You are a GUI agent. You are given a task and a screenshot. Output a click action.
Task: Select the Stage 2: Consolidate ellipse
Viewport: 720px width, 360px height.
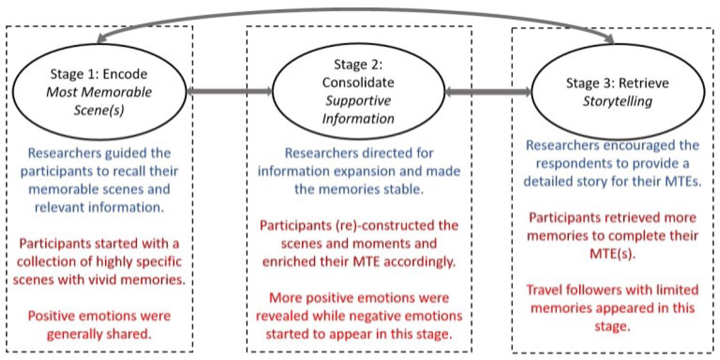[x=358, y=92]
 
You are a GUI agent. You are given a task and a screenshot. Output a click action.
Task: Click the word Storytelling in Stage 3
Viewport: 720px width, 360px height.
[x=617, y=101]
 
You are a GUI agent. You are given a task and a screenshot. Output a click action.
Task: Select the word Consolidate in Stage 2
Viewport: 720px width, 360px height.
[x=358, y=83]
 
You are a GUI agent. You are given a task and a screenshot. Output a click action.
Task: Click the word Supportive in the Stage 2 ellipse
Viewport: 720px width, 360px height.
[x=358, y=102]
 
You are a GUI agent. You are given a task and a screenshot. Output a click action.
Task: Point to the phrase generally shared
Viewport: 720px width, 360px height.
[x=99, y=334]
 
